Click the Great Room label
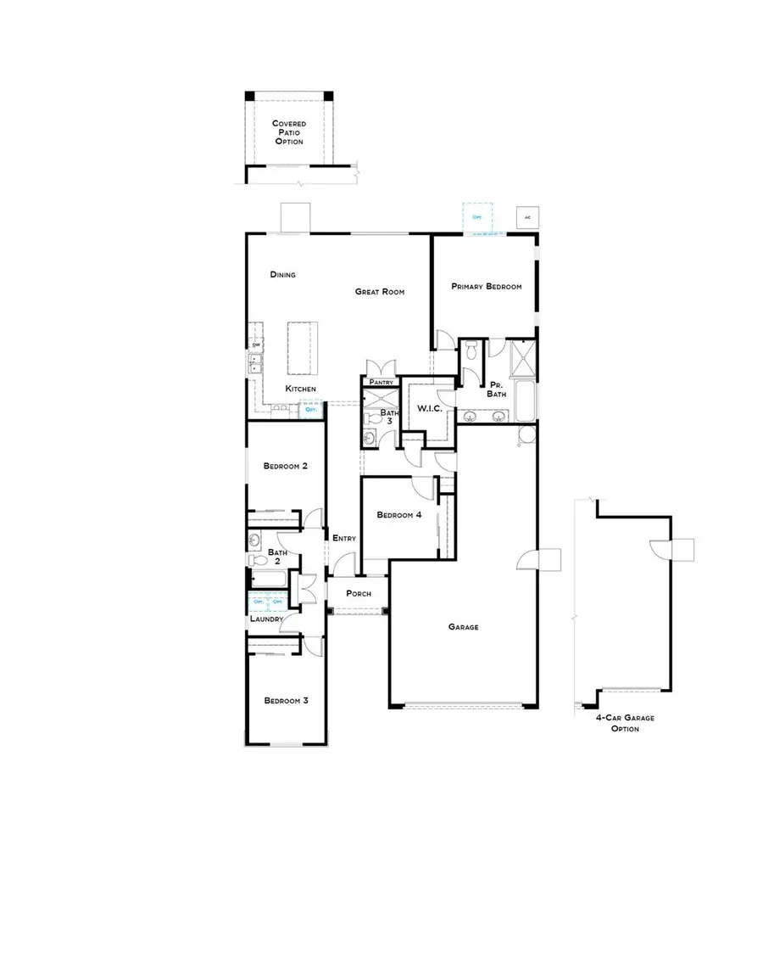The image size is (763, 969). (x=379, y=292)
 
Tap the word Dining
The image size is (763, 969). (x=282, y=274)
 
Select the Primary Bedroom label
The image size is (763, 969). (x=486, y=287)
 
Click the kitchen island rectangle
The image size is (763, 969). (x=302, y=348)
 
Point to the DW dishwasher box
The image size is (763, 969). (x=255, y=344)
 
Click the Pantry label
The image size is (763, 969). (x=381, y=383)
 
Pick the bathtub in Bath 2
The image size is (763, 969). (x=270, y=580)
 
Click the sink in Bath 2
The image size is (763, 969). (x=255, y=541)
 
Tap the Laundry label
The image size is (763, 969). (x=266, y=620)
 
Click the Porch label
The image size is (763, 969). (x=358, y=593)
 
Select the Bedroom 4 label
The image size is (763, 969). (x=399, y=515)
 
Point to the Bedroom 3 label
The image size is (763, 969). (x=285, y=701)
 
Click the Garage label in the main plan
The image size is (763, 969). (x=464, y=627)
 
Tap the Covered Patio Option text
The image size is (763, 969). (x=288, y=132)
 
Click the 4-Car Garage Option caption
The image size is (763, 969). (x=625, y=723)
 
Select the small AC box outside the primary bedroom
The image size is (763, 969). (x=526, y=217)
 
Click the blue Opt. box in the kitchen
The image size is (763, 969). (x=312, y=410)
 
